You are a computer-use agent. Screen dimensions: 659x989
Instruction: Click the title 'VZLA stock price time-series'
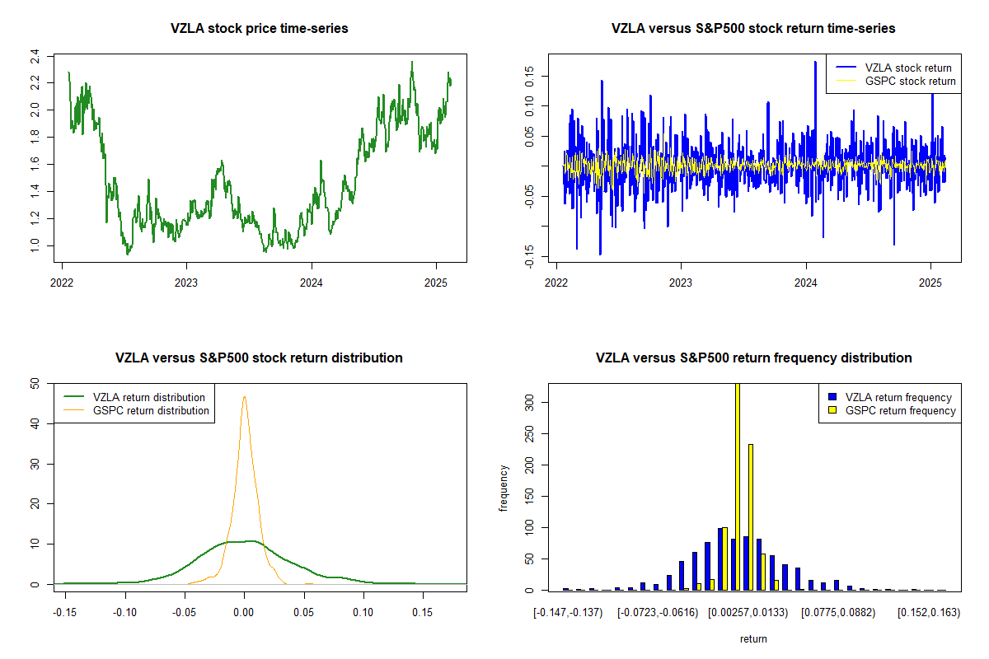(259, 29)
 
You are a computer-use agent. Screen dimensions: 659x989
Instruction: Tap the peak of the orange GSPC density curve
(244, 397)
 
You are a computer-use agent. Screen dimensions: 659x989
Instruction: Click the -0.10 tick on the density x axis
(125, 612)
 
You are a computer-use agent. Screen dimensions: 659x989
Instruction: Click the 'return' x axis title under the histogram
(753, 638)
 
